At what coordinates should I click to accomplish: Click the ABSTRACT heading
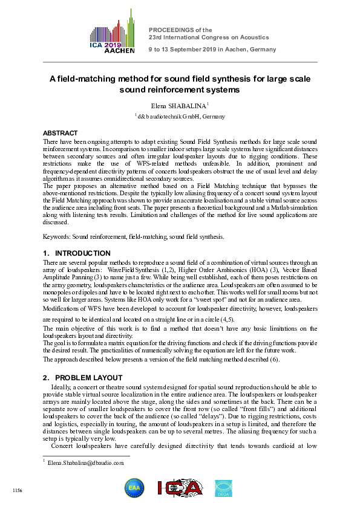click(x=60, y=133)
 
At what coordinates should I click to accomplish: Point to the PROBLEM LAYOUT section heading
click(x=87, y=378)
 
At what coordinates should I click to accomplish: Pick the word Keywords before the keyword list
click(x=57, y=236)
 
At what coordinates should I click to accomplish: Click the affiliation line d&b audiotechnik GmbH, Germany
click(x=181, y=116)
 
